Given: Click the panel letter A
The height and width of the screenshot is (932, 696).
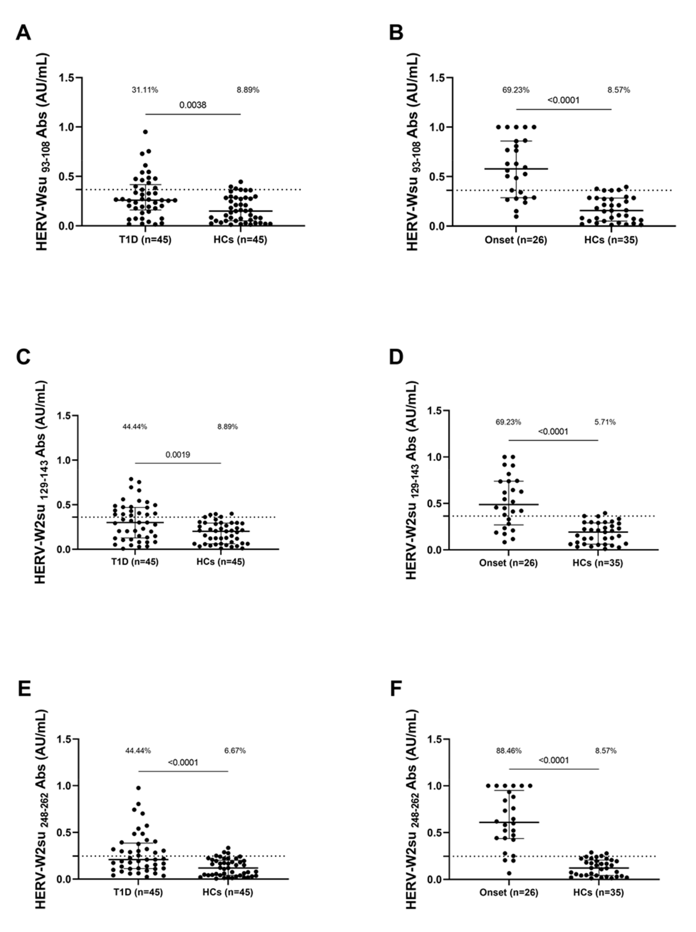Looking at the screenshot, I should coord(23,32).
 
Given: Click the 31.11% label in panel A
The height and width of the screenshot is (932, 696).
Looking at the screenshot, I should coord(145,90).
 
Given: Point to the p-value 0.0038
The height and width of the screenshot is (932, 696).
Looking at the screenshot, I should coord(193,105).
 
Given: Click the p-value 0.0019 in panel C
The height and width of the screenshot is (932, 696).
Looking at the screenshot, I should coord(178,455).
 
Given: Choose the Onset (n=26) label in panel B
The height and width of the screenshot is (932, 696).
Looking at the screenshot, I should coord(516,240).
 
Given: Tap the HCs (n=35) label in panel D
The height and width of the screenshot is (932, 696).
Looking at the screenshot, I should coord(597,563).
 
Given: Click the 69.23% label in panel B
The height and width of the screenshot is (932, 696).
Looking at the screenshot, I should coord(516,90).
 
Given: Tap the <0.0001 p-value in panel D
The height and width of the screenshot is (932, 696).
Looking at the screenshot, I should coord(553,431).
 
